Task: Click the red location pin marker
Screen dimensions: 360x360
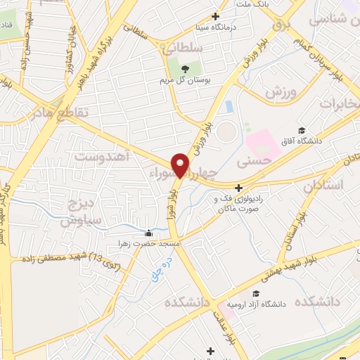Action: click(181, 165)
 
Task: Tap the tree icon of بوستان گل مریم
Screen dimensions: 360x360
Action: click(185, 68)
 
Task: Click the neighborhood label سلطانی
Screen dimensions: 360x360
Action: click(182, 49)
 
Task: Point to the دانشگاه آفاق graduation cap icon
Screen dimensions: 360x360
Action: click(302, 130)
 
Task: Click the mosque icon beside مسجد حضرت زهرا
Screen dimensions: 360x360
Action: click(148, 233)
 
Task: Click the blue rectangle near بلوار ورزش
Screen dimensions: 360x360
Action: click(229, 107)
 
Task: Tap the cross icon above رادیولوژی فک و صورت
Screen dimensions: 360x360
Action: click(238, 188)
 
